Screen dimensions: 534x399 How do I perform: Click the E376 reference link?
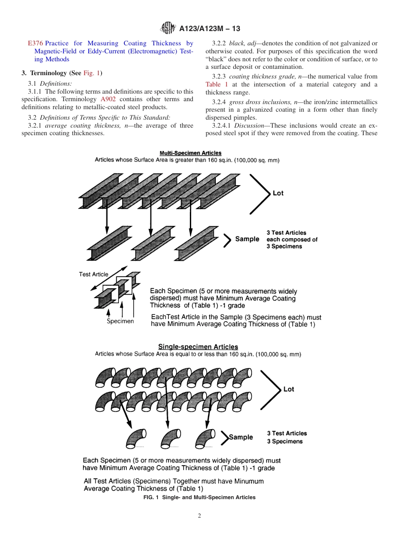(x=35, y=43)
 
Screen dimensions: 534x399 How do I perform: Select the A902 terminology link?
(x=108, y=99)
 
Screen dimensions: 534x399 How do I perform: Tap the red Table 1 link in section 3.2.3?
(x=217, y=85)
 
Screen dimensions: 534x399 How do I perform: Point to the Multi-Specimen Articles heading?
(x=190, y=153)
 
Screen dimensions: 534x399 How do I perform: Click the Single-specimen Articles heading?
(x=198, y=347)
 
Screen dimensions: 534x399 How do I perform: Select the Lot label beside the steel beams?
(x=278, y=193)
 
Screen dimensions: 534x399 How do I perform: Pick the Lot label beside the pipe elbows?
(x=289, y=389)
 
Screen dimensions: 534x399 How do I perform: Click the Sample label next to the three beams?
(x=247, y=239)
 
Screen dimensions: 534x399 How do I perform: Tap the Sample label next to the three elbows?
(x=241, y=437)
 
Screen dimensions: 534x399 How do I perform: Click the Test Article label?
(x=93, y=274)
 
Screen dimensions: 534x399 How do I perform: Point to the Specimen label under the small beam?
(x=120, y=321)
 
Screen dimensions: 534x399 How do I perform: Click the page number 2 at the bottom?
(x=199, y=516)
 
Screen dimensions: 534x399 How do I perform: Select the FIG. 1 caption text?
(x=199, y=497)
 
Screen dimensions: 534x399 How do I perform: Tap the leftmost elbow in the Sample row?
(x=136, y=439)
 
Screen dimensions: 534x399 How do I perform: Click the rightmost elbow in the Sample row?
(x=205, y=439)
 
